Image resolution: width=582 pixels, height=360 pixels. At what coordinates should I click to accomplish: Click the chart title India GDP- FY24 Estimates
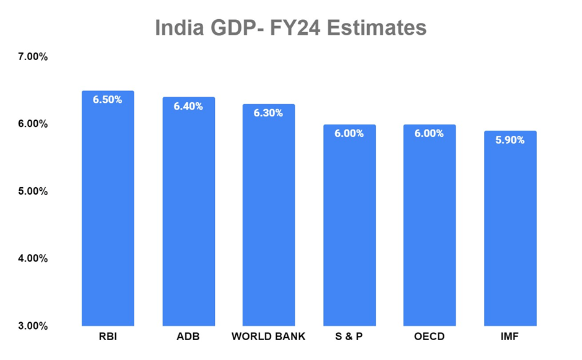click(290, 28)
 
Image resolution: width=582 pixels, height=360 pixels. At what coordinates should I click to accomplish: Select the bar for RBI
click(108, 211)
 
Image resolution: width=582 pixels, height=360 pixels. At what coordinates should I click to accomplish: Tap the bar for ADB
click(188, 214)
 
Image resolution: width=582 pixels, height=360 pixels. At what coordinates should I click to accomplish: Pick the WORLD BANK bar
click(269, 217)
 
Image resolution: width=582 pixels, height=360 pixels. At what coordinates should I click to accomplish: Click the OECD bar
click(429, 226)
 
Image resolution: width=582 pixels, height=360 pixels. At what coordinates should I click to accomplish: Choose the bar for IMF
click(510, 229)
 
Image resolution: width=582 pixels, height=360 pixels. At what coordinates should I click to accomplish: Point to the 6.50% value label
click(108, 99)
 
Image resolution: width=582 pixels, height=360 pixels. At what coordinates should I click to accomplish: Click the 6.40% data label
click(188, 106)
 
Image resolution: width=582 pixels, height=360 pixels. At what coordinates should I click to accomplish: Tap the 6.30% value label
click(269, 113)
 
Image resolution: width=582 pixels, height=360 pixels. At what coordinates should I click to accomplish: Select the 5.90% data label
click(510, 140)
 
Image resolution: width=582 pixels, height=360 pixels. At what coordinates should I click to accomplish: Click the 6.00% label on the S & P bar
click(349, 133)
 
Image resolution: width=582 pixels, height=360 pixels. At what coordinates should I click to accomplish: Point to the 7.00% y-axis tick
click(33, 57)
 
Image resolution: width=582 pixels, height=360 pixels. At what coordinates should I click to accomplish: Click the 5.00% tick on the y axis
click(33, 191)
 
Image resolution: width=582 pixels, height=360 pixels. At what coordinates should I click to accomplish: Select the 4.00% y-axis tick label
click(33, 258)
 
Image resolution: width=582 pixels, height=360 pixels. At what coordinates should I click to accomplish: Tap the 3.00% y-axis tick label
click(33, 326)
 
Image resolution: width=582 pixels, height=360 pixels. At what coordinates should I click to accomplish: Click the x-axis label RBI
click(108, 338)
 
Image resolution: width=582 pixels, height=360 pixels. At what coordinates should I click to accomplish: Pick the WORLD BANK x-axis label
click(269, 338)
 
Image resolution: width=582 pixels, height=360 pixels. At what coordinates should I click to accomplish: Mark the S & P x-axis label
click(349, 338)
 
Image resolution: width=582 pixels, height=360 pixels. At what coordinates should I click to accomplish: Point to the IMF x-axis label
click(510, 338)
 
